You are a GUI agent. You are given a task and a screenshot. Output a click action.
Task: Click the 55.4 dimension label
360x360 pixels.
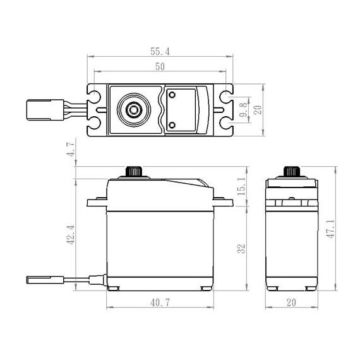pos(160,51)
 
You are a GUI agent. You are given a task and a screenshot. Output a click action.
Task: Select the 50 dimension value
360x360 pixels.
pos(160,66)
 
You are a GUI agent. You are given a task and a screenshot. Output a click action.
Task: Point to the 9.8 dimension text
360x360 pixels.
pos(243,110)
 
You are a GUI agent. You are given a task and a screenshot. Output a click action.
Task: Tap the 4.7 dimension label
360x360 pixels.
pos(71,149)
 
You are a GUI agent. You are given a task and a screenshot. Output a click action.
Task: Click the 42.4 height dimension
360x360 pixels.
pos(70,235)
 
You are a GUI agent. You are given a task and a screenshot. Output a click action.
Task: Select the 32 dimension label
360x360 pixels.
pos(241,249)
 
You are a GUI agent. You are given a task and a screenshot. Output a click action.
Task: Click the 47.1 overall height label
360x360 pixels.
pos(330,229)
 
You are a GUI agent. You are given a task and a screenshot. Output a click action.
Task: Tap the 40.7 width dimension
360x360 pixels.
pos(160,303)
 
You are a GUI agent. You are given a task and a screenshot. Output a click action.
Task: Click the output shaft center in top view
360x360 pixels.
pos(134,110)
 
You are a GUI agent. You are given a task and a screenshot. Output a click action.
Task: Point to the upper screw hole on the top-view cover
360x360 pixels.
pos(172,95)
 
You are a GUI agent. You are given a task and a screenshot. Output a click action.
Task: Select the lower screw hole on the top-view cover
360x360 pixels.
pos(172,125)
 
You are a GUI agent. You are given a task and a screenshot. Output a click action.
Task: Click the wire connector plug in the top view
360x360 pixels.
pos(45,110)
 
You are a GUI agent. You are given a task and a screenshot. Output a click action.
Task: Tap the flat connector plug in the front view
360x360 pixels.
pos(45,280)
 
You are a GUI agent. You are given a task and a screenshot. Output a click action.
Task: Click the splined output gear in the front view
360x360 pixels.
pos(134,171)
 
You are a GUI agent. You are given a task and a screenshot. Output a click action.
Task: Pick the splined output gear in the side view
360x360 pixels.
pos(292,171)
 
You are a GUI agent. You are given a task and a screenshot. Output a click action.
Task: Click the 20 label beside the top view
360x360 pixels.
pos(258,110)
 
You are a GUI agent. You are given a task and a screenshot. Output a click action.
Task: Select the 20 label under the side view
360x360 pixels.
pos(291,303)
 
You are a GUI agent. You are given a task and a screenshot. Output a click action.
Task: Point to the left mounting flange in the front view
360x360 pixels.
pos(97,202)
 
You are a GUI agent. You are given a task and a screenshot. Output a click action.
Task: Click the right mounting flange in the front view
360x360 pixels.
pos(223,202)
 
